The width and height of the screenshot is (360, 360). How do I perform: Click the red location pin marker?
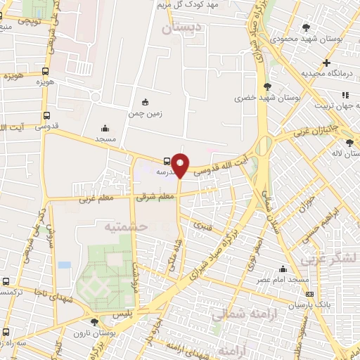click(181, 164)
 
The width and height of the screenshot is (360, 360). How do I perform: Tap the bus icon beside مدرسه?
click(165, 160)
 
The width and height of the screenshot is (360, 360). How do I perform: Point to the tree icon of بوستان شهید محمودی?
click(305, 27)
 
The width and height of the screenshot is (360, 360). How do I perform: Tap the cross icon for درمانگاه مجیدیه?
click(326, 63)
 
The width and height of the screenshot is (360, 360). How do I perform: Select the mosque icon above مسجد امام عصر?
click(283, 269)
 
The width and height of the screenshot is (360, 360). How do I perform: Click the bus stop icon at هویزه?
click(46, 71)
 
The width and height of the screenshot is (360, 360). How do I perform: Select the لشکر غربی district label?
click(328, 259)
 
